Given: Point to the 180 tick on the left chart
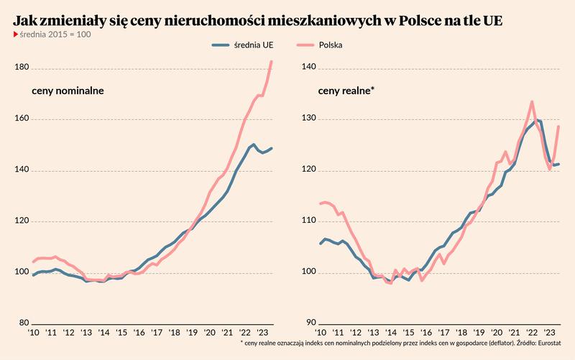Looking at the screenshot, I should click(21, 68).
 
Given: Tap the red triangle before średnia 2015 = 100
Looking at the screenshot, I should click(16, 34).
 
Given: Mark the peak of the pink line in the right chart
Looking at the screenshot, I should click(531, 101).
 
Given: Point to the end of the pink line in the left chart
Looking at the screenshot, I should click(272, 61).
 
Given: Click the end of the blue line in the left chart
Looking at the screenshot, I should click(272, 148).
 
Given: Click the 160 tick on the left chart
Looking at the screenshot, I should click(21, 119).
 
